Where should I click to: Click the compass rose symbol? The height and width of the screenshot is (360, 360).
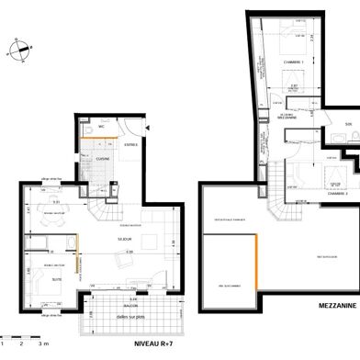(x=16, y=51)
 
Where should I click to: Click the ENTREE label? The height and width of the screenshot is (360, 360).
(x=131, y=143)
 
